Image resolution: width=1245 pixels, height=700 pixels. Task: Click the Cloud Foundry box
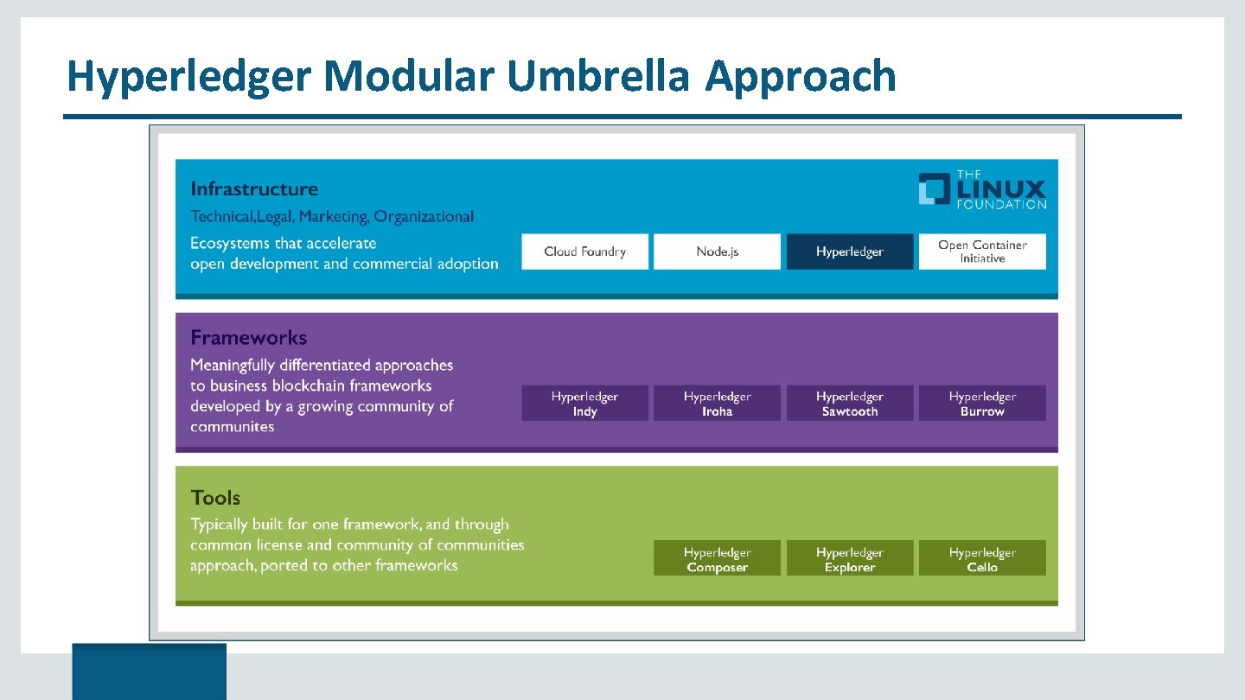point(584,251)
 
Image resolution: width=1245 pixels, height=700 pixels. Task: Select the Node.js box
point(717,251)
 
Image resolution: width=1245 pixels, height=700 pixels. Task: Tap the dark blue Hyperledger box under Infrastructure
point(849,251)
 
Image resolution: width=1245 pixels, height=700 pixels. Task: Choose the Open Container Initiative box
point(982,251)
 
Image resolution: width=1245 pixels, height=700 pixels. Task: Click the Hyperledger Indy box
point(584,404)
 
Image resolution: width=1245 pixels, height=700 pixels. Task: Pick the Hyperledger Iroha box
point(717,404)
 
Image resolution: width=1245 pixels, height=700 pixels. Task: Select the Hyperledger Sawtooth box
point(849,404)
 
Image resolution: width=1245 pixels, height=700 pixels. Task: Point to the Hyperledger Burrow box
point(982,404)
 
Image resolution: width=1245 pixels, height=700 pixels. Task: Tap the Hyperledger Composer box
point(717,559)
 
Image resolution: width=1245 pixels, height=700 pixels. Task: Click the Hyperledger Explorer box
point(849,559)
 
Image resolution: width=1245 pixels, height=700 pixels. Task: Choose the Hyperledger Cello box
point(982,559)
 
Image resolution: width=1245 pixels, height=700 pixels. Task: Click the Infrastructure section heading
point(254,189)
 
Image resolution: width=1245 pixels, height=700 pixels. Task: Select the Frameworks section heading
point(249,338)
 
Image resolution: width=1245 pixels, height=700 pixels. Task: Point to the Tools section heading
point(215,498)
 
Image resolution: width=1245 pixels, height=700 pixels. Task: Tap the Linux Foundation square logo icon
point(934,189)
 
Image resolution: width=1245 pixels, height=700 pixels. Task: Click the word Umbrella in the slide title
point(598,76)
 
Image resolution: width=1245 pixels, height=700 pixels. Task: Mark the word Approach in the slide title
point(801,76)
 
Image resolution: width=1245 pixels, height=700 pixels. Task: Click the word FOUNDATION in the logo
point(1001,205)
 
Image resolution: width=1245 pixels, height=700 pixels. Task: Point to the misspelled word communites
point(232,427)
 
